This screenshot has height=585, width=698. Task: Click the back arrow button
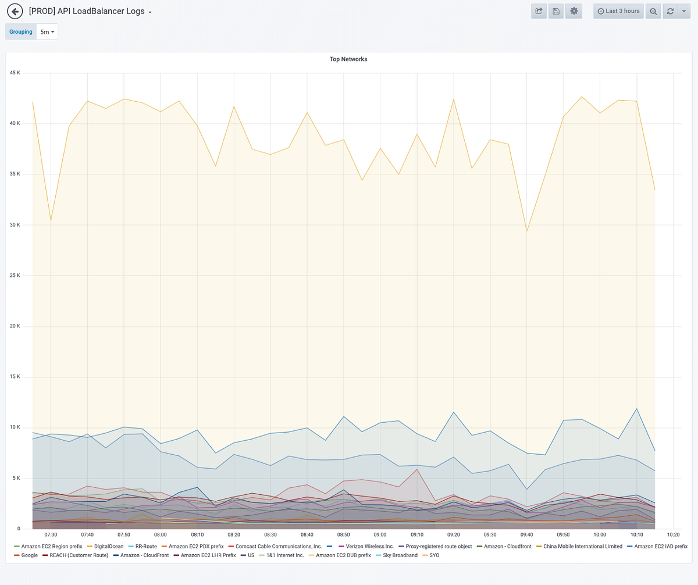[15, 11]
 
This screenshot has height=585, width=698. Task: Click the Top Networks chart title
[348, 59]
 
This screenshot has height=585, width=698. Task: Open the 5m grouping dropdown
[47, 32]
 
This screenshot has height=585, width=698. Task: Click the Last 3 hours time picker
[618, 11]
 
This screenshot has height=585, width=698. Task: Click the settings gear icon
[574, 11]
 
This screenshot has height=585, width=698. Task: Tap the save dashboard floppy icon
[556, 11]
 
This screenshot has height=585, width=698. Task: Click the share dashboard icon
[539, 11]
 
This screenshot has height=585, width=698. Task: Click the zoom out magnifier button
[653, 11]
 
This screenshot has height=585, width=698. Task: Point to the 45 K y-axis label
[15, 73]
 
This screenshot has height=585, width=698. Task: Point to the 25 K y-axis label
[15, 276]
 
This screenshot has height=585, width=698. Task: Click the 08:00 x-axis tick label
[161, 534]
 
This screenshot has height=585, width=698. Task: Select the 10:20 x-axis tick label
[673, 534]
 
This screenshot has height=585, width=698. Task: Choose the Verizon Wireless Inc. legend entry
[369, 547]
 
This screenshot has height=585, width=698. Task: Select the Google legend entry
[29, 555]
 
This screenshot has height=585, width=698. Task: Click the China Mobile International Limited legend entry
[582, 547]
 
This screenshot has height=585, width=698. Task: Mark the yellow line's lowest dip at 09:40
[526, 231]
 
